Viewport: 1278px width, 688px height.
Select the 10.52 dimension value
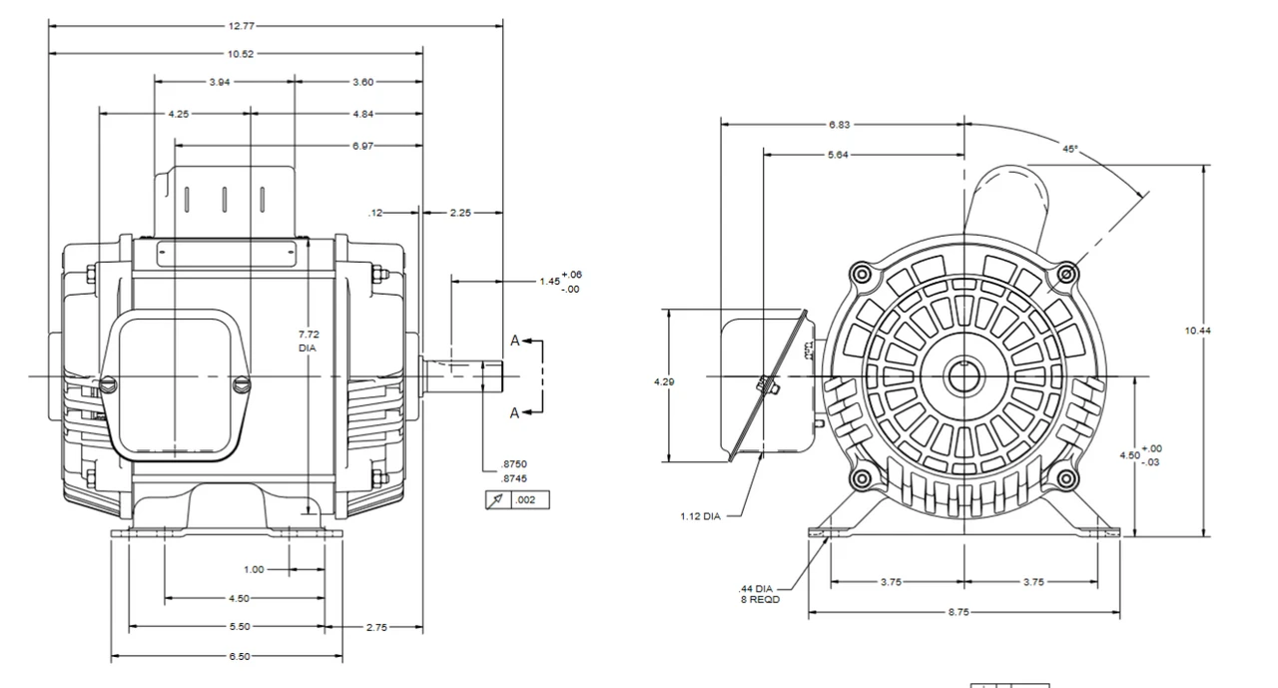click(x=241, y=53)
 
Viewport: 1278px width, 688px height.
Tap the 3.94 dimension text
click(x=220, y=82)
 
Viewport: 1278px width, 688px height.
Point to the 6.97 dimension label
click(x=363, y=146)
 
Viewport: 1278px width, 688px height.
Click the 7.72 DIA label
click(x=310, y=341)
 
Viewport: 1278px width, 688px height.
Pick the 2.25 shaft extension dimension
click(x=460, y=212)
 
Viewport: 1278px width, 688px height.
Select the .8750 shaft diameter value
click(x=514, y=465)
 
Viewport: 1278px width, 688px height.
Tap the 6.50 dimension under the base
click(x=239, y=656)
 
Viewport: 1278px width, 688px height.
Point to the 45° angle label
click(x=1069, y=149)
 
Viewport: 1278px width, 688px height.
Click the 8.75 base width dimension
click(x=957, y=612)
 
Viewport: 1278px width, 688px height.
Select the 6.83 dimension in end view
click(x=840, y=125)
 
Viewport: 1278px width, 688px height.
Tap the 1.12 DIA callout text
click(x=700, y=516)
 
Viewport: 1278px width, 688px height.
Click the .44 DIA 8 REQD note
click(x=759, y=593)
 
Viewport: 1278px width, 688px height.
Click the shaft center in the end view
click(x=963, y=377)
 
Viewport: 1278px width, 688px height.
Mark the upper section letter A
click(x=515, y=341)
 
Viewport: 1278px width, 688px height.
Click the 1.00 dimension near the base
click(x=254, y=569)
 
